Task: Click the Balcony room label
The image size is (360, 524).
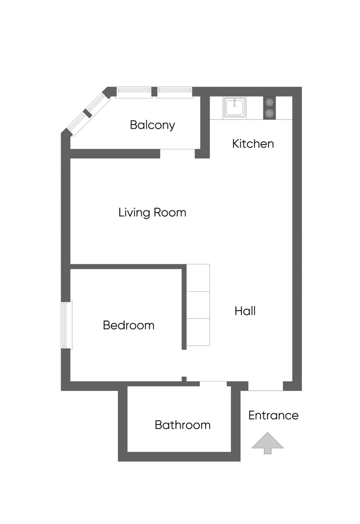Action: tap(152, 125)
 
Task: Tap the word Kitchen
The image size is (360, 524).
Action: tap(253, 144)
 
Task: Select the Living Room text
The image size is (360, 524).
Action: tap(152, 213)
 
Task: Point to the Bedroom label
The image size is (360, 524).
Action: tap(128, 325)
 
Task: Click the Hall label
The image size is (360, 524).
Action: tap(245, 311)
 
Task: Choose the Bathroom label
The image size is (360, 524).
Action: tap(182, 425)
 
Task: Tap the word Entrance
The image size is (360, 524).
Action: tap(273, 415)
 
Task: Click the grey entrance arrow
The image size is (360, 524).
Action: tap(267, 443)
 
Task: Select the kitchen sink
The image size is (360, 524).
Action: tap(234, 107)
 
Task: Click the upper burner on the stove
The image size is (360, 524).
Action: tap(269, 103)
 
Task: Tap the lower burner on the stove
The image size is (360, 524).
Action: tap(269, 114)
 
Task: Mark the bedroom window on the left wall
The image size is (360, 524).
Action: tap(66, 325)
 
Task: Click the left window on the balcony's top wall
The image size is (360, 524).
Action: tap(134, 92)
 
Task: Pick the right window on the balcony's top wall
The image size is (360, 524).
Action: tap(175, 92)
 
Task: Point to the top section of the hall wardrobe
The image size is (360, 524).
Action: tap(198, 278)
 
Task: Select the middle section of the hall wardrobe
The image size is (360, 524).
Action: tap(198, 305)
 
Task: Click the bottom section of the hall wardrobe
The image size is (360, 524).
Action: tap(198, 332)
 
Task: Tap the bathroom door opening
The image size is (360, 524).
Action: tap(213, 384)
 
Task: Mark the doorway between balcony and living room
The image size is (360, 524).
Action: tap(177, 153)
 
